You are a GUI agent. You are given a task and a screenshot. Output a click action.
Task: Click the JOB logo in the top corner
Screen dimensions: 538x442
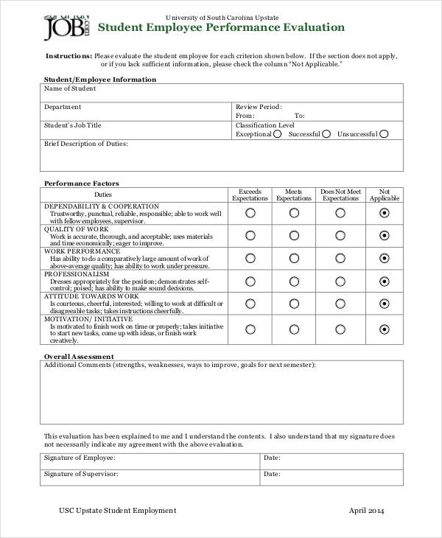coord(66,28)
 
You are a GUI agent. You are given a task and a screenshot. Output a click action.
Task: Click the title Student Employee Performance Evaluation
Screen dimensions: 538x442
coord(221,28)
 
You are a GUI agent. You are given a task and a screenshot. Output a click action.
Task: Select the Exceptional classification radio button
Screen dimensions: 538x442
coord(278,134)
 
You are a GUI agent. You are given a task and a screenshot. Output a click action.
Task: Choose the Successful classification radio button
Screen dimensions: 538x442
coord(326,134)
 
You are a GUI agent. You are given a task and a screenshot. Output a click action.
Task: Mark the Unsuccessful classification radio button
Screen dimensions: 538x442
coord(384,134)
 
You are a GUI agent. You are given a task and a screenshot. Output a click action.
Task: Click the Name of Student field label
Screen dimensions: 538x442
coord(70,88)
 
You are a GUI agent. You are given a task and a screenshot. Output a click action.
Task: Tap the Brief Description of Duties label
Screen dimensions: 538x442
coord(86,144)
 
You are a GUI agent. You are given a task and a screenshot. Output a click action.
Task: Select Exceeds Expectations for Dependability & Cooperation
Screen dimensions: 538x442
coord(250,213)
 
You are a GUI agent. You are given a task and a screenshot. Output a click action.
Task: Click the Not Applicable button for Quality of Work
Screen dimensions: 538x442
coord(384,236)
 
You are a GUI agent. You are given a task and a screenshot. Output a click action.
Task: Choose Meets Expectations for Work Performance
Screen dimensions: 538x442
coord(294,259)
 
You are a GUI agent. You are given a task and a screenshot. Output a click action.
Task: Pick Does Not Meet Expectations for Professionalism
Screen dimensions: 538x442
coord(340,282)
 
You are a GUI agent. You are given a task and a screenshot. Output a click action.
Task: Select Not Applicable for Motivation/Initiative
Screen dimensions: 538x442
coord(384,329)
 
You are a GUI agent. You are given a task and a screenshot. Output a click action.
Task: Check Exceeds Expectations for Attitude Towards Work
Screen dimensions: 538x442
coord(250,304)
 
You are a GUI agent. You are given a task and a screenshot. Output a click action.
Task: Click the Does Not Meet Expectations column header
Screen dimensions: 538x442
coord(340,195)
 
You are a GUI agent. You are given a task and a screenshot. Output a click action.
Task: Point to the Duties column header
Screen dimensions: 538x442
coord(134,195)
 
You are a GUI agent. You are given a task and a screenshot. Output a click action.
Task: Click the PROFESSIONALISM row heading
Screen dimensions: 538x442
coord(77,274)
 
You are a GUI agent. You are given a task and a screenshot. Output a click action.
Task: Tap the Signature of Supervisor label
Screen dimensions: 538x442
coord(81,473)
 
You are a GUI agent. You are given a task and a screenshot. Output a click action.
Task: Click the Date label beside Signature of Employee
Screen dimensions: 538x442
coord(272,458)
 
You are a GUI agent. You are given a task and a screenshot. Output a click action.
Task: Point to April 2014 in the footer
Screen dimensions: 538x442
coord(366,511)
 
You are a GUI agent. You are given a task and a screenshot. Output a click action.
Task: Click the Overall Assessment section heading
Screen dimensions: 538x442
coord(79,356)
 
